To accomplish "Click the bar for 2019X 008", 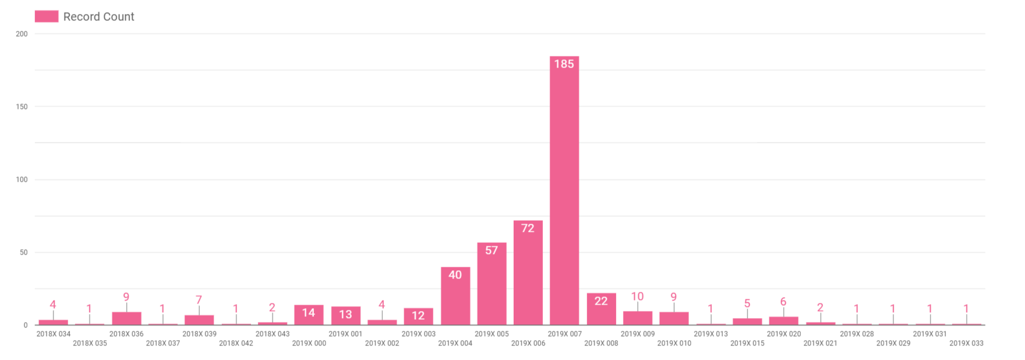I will pos(601,312).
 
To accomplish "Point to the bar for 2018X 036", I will pos(126,319).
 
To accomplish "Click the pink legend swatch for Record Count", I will pos(47,16).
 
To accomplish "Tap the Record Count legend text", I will pos(98,17).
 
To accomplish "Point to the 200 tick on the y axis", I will pos(22,34).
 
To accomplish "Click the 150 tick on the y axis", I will pos(22,107).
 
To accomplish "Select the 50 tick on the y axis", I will pos(23,252).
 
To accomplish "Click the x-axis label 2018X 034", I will pos(54,334).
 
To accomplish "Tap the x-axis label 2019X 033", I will pos(966,343).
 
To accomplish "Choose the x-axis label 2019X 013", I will pos(711,334).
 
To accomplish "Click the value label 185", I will pos(564,64).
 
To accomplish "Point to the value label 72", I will pos(528,228).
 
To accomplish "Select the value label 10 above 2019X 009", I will pos(637,297).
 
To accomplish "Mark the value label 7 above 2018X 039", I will pos(199,300).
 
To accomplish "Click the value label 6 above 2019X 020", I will pos(783,302).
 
